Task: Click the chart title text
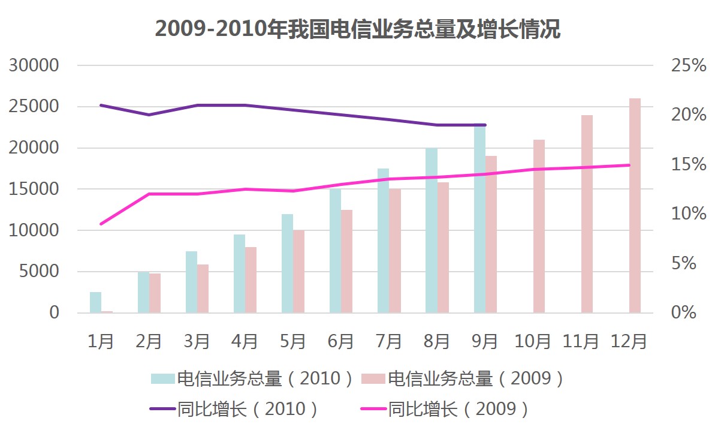357,29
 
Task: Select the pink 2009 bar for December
635,205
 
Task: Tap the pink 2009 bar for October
539,226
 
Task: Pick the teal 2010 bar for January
95,302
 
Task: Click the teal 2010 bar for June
335,251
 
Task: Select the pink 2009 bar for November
587,214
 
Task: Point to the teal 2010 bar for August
431,230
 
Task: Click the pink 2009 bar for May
299,271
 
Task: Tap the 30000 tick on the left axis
34,65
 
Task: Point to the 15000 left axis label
34,189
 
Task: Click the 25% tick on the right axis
689,65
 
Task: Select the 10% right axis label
689,214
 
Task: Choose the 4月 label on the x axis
245,341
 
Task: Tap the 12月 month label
629,341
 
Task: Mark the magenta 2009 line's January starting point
101,224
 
